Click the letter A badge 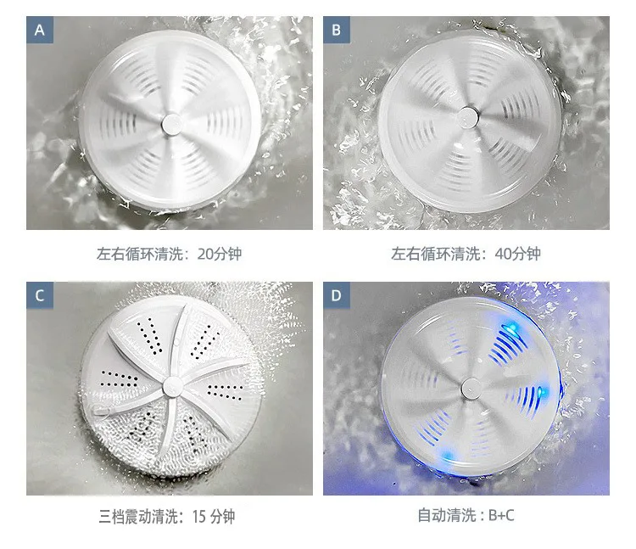point(39,31)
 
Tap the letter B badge point(336,31)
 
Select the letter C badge point(39,296)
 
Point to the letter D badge point(336,296)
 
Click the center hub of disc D point(469,388)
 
